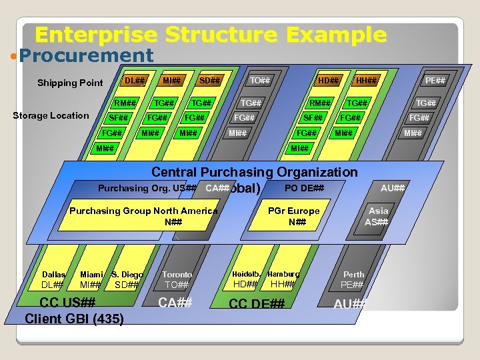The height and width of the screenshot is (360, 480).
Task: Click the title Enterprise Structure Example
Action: pos(211,35)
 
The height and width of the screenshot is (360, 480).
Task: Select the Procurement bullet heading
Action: pos(86,55)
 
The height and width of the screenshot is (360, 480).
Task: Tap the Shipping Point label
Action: pos(70,83)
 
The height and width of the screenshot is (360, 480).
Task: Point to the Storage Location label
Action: pos(51,115)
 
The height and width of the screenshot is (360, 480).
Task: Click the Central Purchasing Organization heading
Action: pos(254,173)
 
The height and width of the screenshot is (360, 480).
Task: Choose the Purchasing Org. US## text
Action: pos(147,188)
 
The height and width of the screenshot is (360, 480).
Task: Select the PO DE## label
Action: pos(304,188)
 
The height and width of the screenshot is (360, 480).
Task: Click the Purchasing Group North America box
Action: pos(144,216)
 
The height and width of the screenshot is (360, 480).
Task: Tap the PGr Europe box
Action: pos(293,216)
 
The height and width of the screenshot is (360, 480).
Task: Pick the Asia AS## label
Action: pos(378,216)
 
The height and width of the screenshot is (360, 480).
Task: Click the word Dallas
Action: pos(54,274)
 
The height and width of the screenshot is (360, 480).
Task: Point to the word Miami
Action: pos(91,274)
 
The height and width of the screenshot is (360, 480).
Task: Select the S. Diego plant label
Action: pos(127,274)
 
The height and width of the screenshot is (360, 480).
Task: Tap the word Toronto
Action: pos(177,274)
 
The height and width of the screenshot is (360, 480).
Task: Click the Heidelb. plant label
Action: pos(245,274)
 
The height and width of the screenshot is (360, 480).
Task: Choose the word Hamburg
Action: pos(283,274)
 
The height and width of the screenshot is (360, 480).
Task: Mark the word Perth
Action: pos(353,274)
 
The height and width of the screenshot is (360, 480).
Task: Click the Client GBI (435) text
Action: pos(74,319)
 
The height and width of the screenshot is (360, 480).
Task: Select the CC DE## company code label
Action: pos(257,304)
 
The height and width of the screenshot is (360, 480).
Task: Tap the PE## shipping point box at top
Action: pos(435,81)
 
